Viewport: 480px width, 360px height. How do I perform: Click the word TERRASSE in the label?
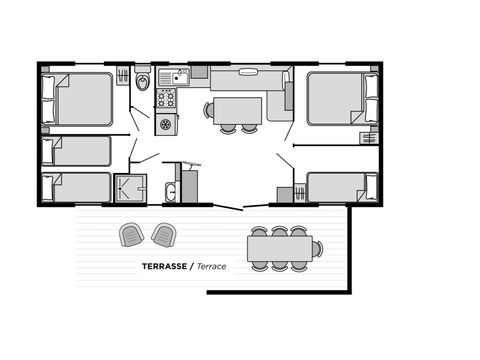(166, 267)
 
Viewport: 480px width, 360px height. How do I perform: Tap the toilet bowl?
(143, 81)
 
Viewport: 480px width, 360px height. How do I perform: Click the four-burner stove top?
(166, 98)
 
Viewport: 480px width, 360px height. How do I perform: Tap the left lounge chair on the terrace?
(132, 235)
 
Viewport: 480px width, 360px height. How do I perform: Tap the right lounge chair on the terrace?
(162, 235)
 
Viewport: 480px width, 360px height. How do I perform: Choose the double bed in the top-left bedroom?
(81, 99)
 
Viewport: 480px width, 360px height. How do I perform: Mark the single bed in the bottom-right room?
(338, 187)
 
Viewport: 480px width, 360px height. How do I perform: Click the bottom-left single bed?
(77, 187)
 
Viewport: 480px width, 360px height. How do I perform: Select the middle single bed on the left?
(77, 150)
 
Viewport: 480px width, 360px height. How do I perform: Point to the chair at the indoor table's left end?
(209, 109)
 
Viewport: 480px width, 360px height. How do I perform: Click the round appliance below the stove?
(166, 124)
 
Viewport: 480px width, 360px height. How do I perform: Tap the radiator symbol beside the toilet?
(122, 77)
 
